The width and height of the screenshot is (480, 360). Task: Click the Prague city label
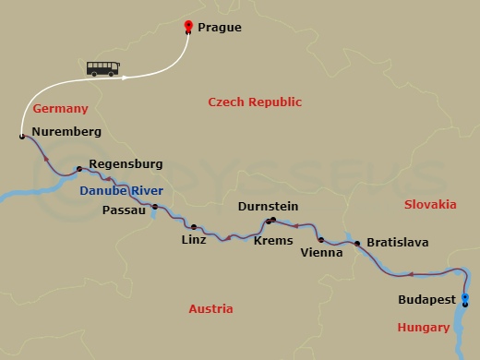coord(221,28)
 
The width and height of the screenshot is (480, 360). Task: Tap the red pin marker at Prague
coord(188,27)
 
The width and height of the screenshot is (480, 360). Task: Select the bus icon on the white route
coord(102,68)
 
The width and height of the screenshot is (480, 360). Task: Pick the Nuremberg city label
coord(66,132)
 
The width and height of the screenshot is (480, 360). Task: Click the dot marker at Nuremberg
coord(21,137)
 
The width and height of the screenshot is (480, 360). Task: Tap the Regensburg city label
coord(126,164)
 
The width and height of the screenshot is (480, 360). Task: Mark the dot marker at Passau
coord(154,207)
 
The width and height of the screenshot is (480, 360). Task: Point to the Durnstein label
coord(268,208)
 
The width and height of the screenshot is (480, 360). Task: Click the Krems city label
coord(272,241)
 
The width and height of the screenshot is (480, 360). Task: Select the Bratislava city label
coord(399,243)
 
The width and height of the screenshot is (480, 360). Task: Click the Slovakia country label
coord(430,204)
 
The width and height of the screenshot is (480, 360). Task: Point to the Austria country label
coord(210,309)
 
